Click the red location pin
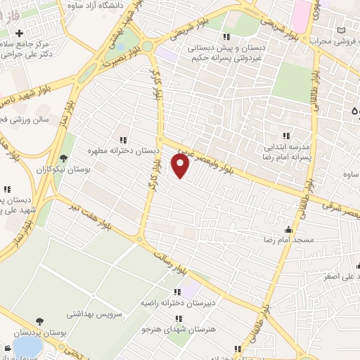181,165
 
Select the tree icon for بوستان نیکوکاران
63,158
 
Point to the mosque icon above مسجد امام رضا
288,229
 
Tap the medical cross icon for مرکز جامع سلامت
19,33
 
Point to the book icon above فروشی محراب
342,32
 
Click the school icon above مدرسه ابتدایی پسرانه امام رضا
285,135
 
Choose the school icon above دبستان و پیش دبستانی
225,36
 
